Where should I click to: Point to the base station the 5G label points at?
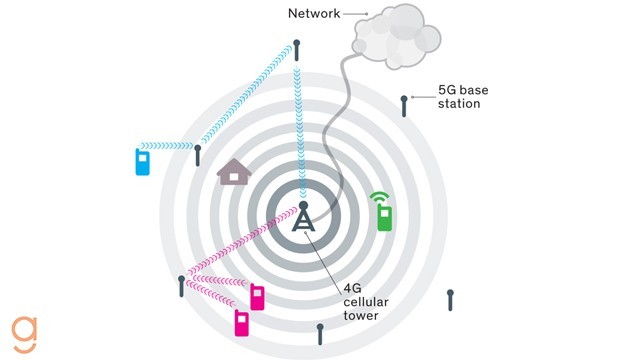tap(404, 104)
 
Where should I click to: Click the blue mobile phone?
tap(142, 162)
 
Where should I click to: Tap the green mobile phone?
tap(384, 218)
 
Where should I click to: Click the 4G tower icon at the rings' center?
tap(303, 217)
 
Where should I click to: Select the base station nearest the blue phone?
tap(198, 155)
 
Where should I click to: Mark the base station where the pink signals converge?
tap(182, 284)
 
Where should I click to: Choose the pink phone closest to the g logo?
tap(241, 323)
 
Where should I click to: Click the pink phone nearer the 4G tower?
tap(257, 297)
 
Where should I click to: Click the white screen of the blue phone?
tap(142, 159)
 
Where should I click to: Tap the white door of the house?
tap(234, 178)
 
